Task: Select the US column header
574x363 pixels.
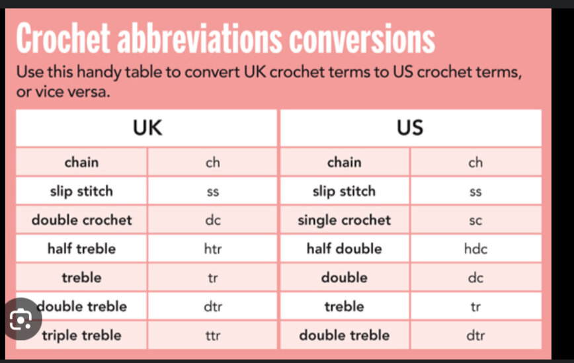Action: point(410,128)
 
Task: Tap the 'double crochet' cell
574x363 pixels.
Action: point(81,220)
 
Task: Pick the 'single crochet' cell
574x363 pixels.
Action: point(344,220)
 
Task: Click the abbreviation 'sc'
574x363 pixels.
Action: point(475,221)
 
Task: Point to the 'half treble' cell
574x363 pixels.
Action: point(81,249)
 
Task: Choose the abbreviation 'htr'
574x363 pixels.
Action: point(213,249)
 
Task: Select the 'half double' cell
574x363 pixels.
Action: point(344,249)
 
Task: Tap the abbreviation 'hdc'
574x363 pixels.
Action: point(475,249)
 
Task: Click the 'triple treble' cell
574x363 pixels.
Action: point(81,335)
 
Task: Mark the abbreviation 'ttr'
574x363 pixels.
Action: point(213,335)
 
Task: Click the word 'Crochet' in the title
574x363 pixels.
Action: point(63,38)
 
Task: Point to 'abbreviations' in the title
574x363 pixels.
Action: point(200,38)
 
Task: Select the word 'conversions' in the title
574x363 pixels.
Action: point(362,38)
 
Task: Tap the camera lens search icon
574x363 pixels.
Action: point(21,319)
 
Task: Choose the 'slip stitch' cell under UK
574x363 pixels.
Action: point(81,191)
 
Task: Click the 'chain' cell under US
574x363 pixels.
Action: point(344,162)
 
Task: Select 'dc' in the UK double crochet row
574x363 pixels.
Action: point(213,220)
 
